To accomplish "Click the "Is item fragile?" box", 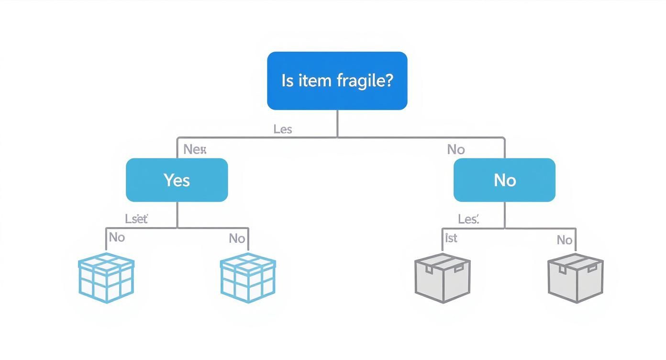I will tap(337, 80).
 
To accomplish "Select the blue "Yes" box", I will tap(177, 180).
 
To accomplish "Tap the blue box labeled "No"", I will tap(504, 180).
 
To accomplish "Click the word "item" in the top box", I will tap(315, 80).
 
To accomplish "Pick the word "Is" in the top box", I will tap(287, 80).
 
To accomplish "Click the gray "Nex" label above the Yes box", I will tap(195, 149).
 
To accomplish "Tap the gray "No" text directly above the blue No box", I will tap(455, 150).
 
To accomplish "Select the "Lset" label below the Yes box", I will tap(136, 219).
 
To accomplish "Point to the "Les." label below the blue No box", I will tap(468, 219).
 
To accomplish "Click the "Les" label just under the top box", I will tap(283, 129).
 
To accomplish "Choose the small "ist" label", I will tap(451, 238).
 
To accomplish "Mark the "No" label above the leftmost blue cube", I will tap(117, 237).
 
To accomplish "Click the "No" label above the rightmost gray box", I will tap(565, 240).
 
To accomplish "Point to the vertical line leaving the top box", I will tap(337, 124).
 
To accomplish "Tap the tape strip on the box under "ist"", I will tap(443, 262).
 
